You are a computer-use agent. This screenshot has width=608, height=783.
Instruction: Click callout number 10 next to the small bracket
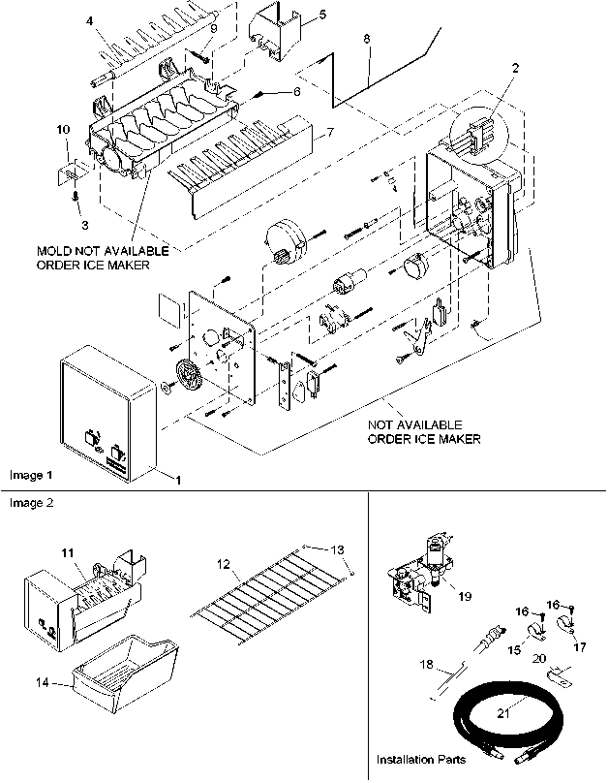coord(63,129)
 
